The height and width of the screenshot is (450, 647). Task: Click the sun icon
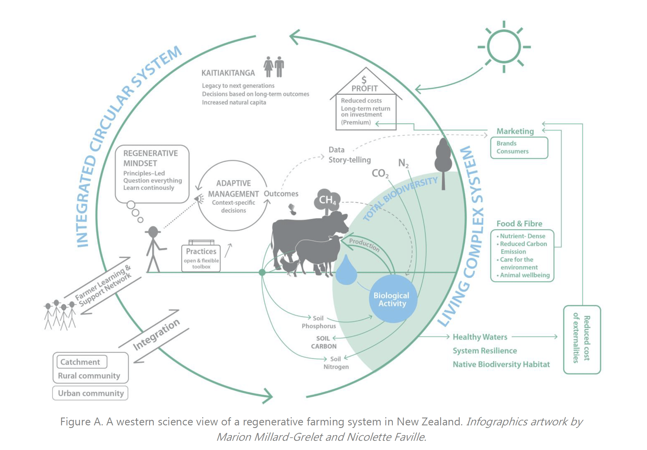point(504,47)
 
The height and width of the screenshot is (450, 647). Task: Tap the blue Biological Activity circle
point(393,299)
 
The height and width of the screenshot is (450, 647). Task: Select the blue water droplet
point(346,271)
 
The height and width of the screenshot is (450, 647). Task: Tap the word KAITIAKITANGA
point(228,73)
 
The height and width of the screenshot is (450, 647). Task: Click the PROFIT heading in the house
point(364,88)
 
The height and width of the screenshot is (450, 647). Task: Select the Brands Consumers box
point(519,148)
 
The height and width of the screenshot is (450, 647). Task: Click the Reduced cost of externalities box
point(582,339)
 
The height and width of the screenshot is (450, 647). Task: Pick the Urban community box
point(91,393)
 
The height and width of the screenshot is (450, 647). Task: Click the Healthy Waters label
point(480,337)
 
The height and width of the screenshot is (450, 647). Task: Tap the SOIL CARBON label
point(323,342)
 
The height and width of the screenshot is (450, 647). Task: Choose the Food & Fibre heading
point(519,224)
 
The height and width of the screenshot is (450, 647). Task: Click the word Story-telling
point(349,160)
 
